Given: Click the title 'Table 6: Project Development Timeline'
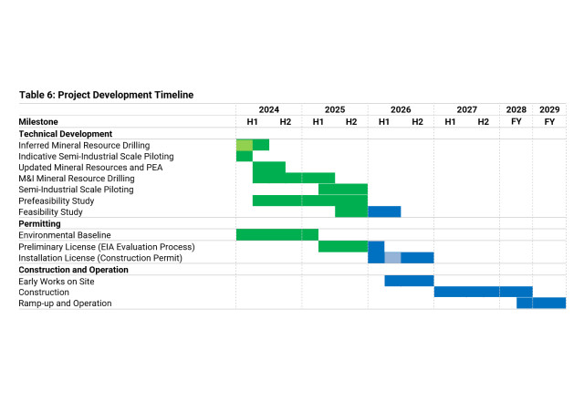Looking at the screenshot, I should (x=106, y=95).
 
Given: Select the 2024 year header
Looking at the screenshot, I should (x=268, y=109).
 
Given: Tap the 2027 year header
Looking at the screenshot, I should (x=466, y=109).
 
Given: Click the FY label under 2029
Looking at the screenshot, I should (x=549, y=121).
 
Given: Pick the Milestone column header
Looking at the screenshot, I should (x=38, y=121).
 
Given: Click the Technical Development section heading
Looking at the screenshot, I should (x=65, y=133).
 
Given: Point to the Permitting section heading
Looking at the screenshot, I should (x=39, y=223).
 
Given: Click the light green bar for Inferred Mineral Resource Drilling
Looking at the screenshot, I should (x=244, y=145).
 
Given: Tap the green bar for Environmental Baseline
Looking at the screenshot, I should (x=276, y=235).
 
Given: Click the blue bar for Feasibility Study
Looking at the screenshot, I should (x=384, y=212).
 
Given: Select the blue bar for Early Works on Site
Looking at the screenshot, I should (x=409, y=281).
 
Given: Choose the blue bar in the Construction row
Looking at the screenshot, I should (x=483, y=292).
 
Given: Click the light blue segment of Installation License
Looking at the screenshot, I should (x=392, y=258).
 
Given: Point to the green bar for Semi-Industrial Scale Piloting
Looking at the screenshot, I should (x=342, y=190).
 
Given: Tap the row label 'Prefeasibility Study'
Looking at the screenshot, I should (x=57, y=201).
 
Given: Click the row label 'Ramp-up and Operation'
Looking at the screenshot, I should (x=66, y=303).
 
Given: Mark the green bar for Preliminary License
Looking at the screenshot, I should (x=342, y=246).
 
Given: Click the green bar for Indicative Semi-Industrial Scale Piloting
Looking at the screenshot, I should (x=244, y=156).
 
